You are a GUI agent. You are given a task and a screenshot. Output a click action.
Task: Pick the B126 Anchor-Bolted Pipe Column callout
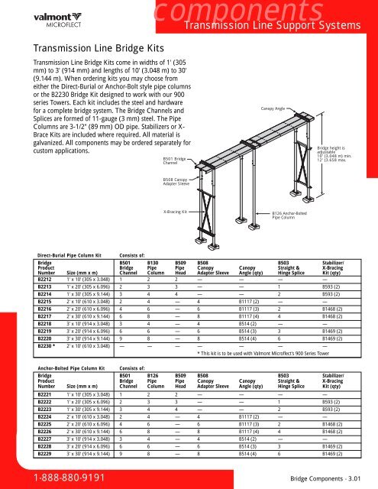coord(290,217)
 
